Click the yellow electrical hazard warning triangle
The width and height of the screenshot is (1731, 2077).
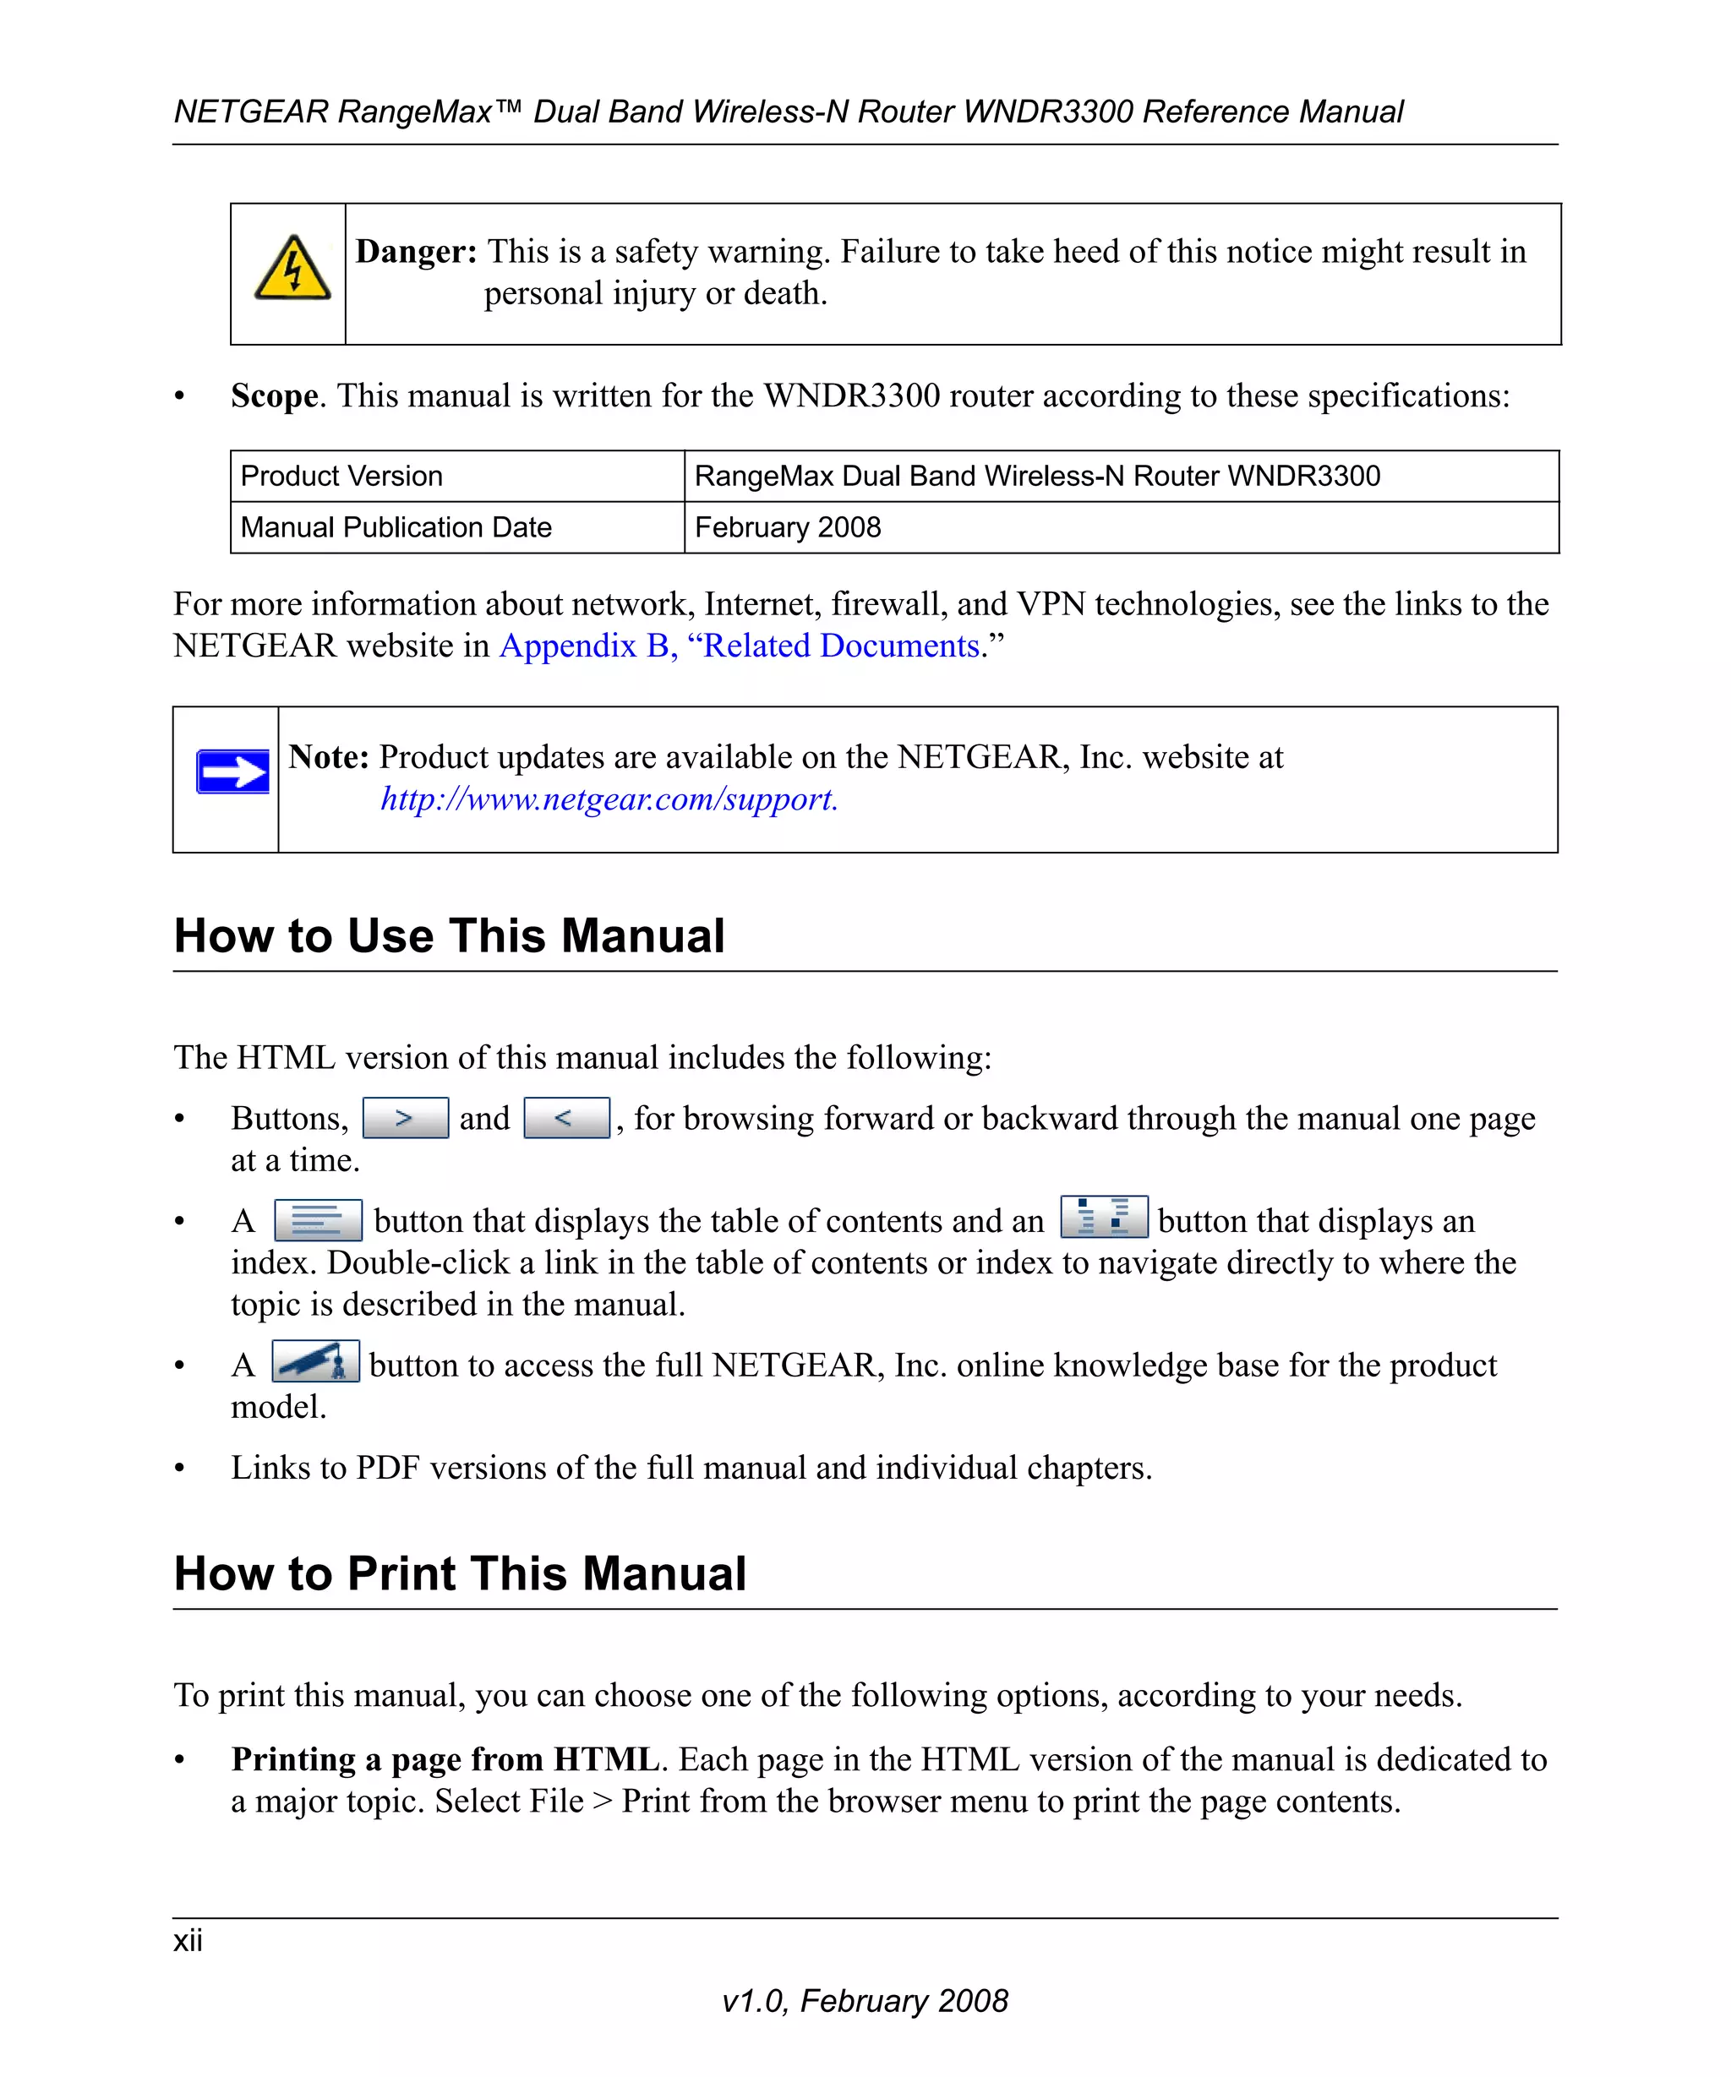pyautogui.click(x=292, y=269)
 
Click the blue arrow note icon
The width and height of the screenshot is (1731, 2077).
pyautogui.click(x=232, y=771)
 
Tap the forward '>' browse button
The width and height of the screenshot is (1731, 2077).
pyautogui.click(x=406, y=1118)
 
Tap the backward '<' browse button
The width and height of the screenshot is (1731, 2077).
pyautogui.click(x=565, y=1118)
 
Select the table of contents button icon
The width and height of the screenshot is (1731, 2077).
pyautogui.click(x=318, y=1219)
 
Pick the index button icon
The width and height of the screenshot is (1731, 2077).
pyautogui.click(x=1104, y=1217)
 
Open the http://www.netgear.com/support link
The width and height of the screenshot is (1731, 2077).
pyautogui.click(x=609, y=799)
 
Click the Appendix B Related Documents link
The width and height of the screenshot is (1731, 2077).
pyautogui.click(x=740, y=646)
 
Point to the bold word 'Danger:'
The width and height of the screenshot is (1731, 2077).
pyautogui.click(x=416, y=251)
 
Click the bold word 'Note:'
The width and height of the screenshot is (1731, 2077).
pyautogui.click(x=329, y=756)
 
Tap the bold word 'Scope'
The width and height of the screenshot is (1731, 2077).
pyautogui.click(x=274, y=395)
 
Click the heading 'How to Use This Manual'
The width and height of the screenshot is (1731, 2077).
pyautogui.click(x=449, y=935)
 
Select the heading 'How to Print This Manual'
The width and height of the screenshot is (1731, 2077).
pyautogui.click(x=460, y=1573)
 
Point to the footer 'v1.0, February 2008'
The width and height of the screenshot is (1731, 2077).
pyautogui.click(x=865, y=2001)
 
